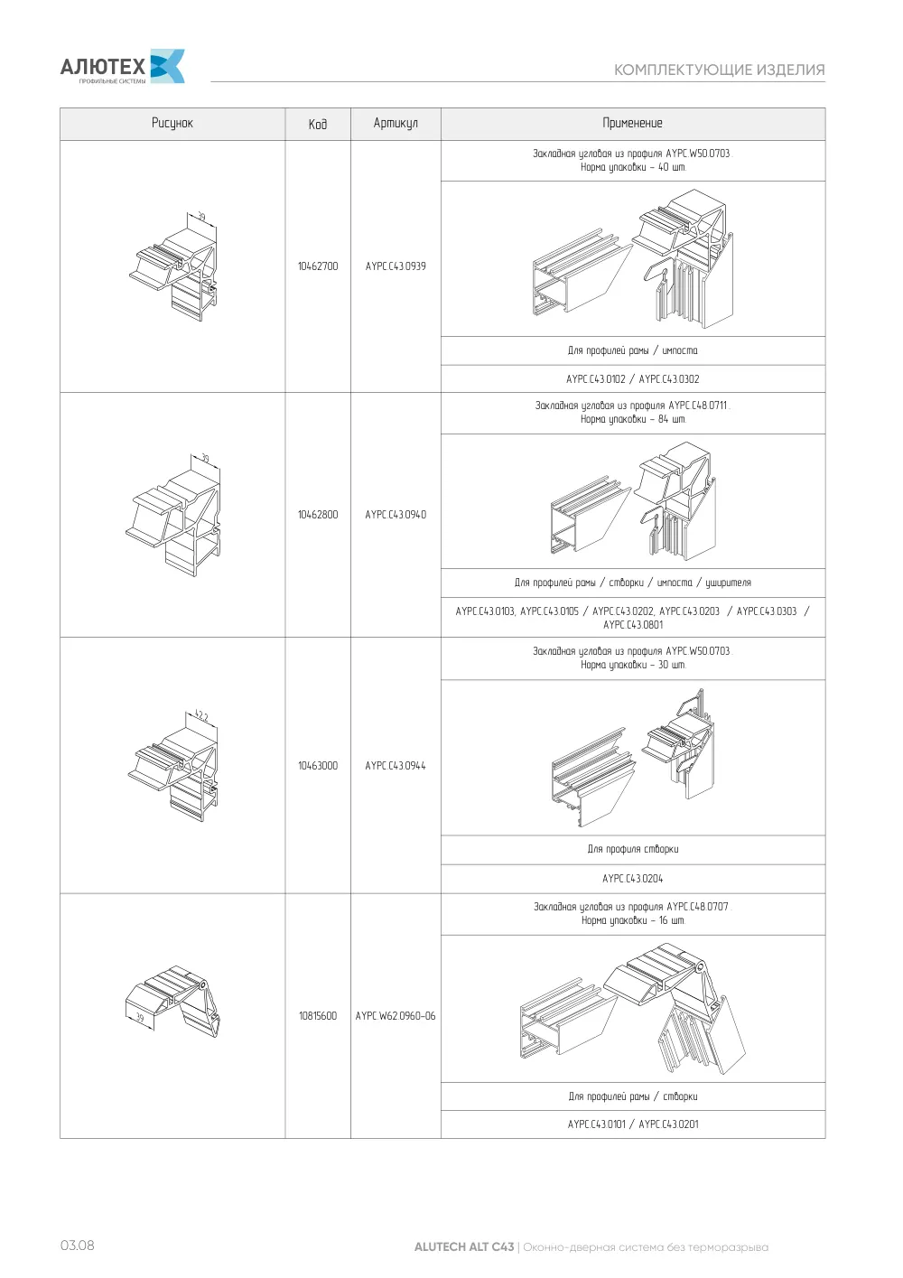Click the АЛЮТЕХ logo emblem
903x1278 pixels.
[167, 66]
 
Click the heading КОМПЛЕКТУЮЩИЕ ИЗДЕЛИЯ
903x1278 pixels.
[720, 70]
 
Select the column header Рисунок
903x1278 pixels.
[172, 123]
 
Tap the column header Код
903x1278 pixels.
[318, 124]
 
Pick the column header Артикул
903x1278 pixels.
[396, 123]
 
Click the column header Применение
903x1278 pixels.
[633, 123]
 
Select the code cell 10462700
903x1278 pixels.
[318, 266]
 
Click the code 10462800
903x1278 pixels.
[318, 515]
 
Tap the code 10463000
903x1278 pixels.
[318, 766]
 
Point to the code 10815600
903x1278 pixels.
[318, 1015]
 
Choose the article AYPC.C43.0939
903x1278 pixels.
[396, 266]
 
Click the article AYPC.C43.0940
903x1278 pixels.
[396, 515]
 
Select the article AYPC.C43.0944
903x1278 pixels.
[396, 766]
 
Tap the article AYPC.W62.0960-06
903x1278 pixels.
[396, 1015]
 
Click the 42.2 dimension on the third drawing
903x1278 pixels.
[201, 715]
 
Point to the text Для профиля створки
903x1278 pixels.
[633, 849]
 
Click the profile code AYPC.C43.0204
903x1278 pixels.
[633, 879]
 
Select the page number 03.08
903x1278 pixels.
[78, 1245]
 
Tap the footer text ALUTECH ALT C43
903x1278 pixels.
[464, 1246]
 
